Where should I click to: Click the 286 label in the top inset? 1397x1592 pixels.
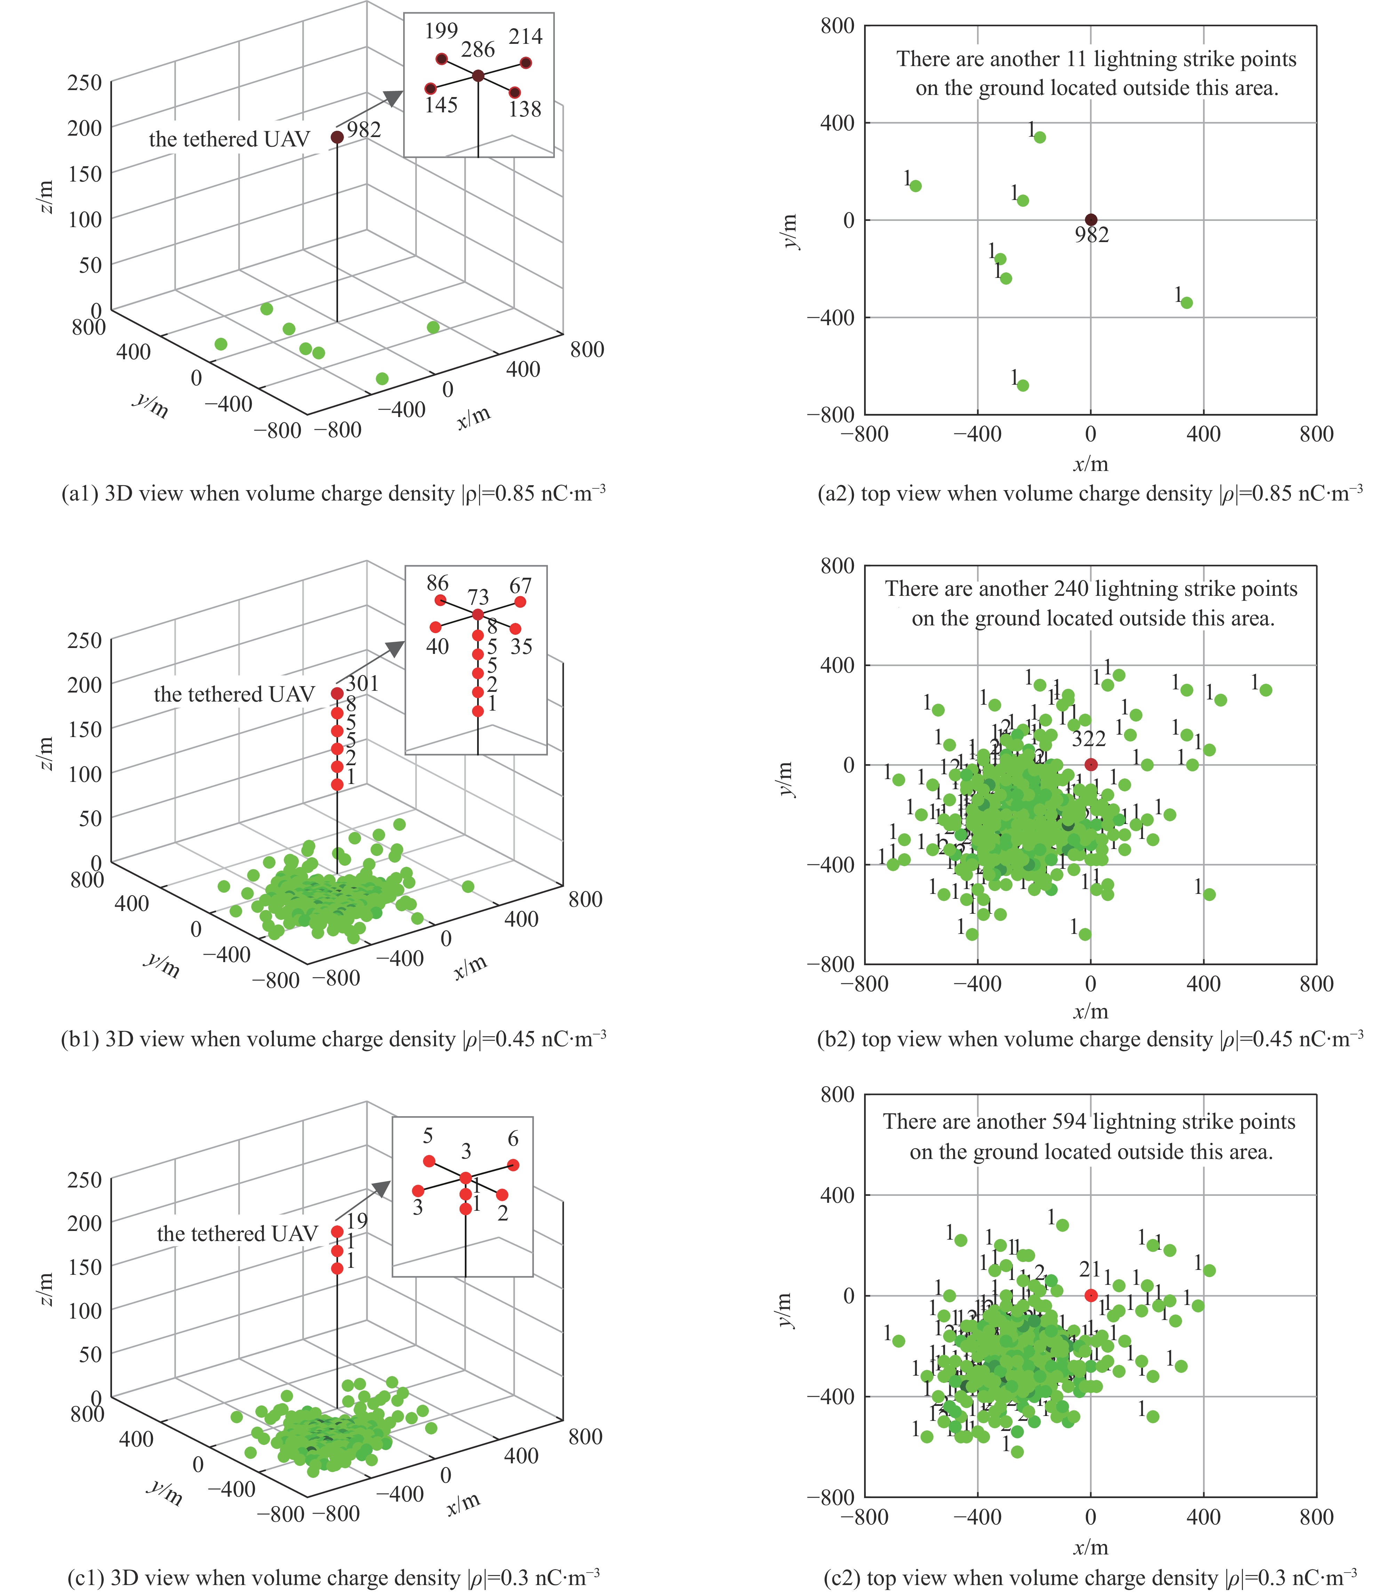[x=478, y=50]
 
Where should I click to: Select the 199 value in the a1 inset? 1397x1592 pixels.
[x=441, y=31]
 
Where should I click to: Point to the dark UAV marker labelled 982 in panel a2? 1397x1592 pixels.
[x=1091, y=219]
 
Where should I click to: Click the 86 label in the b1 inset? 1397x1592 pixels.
[x=437, y=583]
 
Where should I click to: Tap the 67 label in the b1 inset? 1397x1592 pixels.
[x=520, y=586]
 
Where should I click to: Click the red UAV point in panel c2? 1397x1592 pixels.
[x=1091, y=1295]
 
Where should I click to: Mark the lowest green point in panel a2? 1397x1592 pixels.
[x=1023, y=385]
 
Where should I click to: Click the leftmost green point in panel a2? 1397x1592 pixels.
[x=916, y=186]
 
